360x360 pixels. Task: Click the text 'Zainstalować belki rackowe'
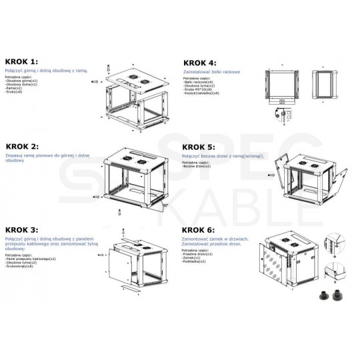211,71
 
